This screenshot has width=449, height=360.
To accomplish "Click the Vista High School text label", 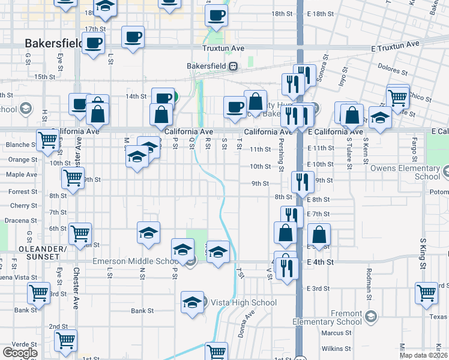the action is tap(244, 302).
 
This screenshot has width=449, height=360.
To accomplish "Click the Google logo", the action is tap(20, 352).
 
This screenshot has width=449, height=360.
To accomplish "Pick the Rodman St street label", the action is tap(368, 281).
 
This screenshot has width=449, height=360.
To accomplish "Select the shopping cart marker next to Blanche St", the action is tap(47, 140).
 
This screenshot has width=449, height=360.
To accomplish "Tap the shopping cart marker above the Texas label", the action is tap(426, 293).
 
